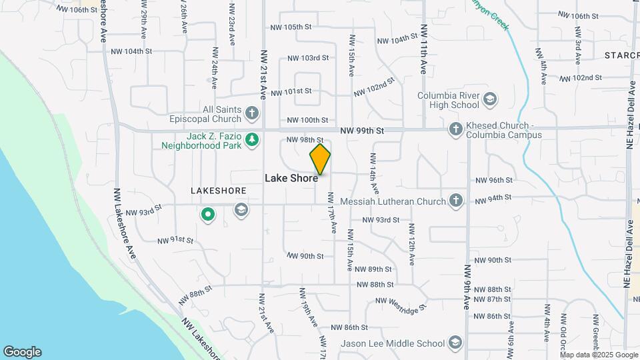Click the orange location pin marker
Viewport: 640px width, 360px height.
coord(320,159)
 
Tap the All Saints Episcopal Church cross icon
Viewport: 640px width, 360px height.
coord(252,113)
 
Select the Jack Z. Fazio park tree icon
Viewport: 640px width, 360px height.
coord(252,139)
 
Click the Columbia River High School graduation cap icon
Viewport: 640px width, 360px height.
coord(490,100)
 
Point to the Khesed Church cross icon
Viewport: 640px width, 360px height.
coord(455,129)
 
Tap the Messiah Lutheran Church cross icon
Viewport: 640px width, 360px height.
coord(455,201)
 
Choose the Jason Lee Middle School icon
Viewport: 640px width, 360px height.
coord(455,343)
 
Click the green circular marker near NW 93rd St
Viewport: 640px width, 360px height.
coord(208,214)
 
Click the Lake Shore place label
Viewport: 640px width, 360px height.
coord(291,178)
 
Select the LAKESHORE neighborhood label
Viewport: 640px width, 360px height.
coord(219,191)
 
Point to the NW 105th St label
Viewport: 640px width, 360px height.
coord(291,27)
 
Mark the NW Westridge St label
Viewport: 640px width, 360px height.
coord(400,305)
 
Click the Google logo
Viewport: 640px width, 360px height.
coord(22,352)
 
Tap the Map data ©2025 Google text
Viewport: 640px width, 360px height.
coord(598,355)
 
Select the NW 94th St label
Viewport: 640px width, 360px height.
coord(493,198)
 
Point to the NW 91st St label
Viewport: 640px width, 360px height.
coord(175,240)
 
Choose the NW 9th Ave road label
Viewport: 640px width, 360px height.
coord(467,287)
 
